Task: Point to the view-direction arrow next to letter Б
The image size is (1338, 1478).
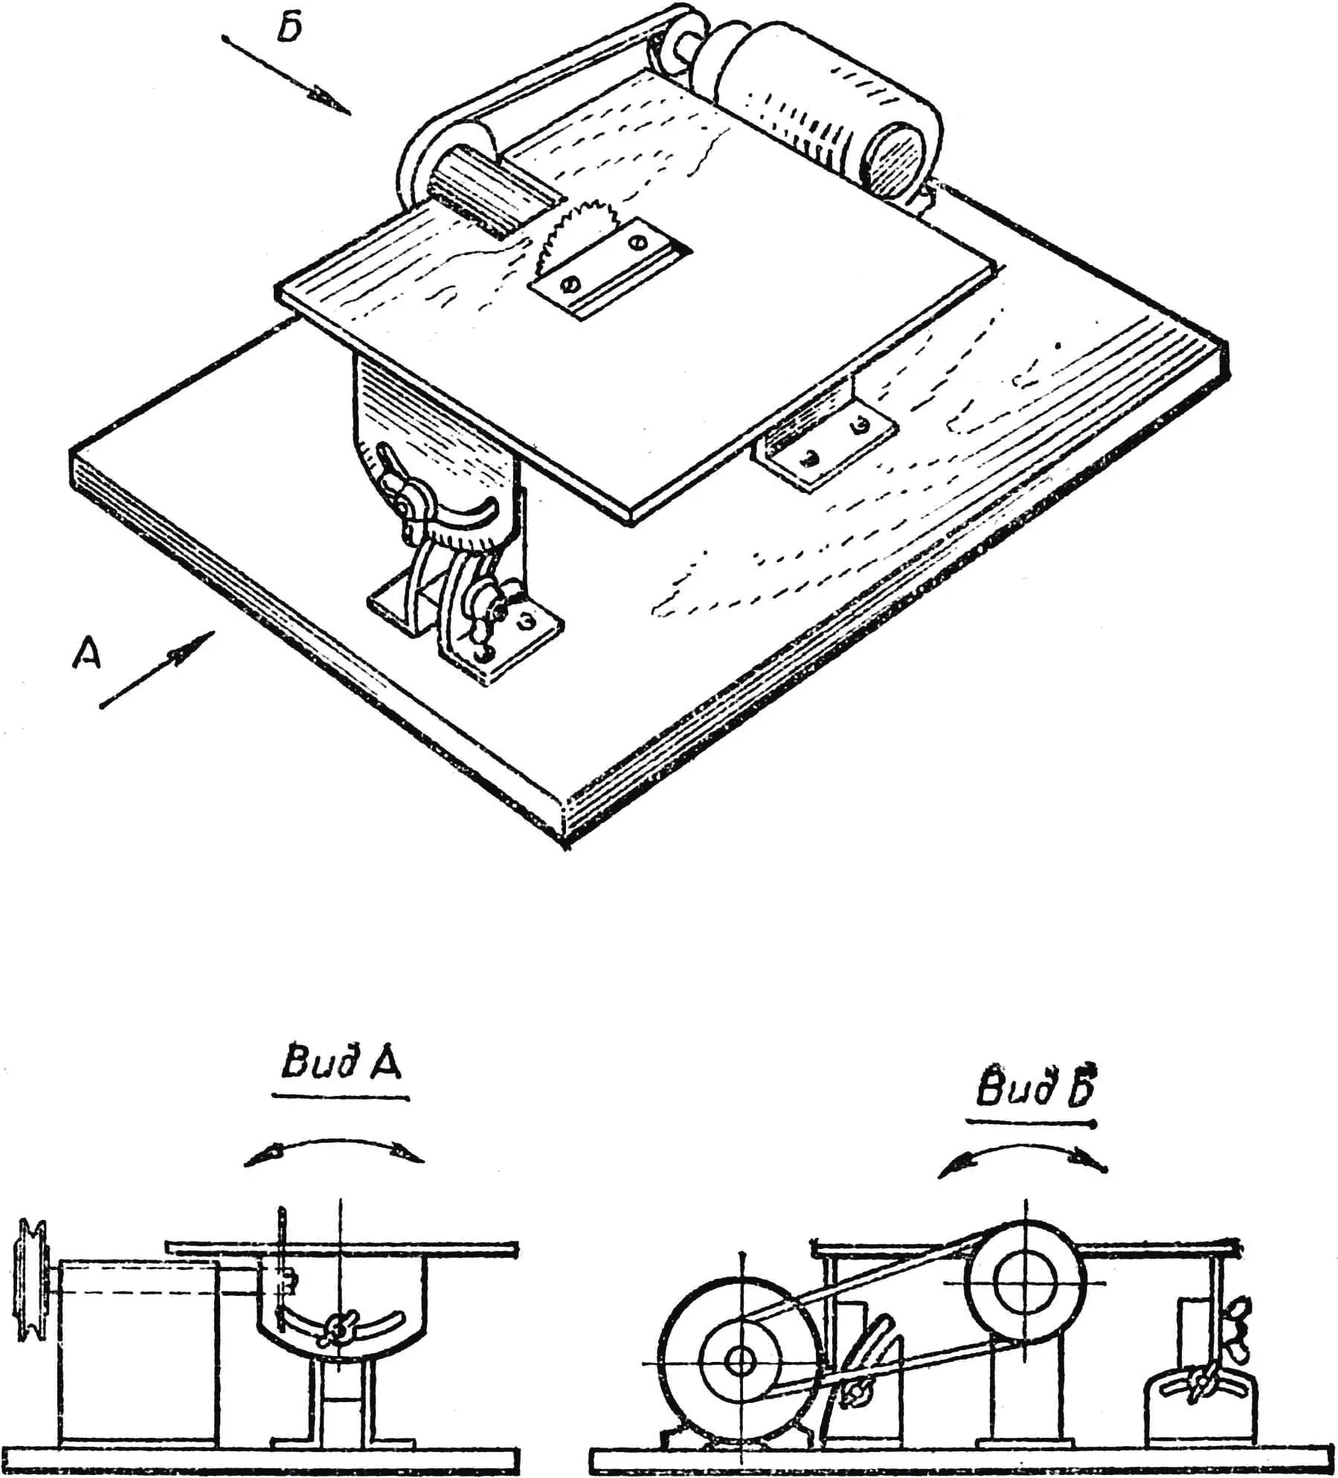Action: click(x=286, y=76)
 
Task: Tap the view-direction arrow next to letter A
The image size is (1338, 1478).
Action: click(x=157, y=670)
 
